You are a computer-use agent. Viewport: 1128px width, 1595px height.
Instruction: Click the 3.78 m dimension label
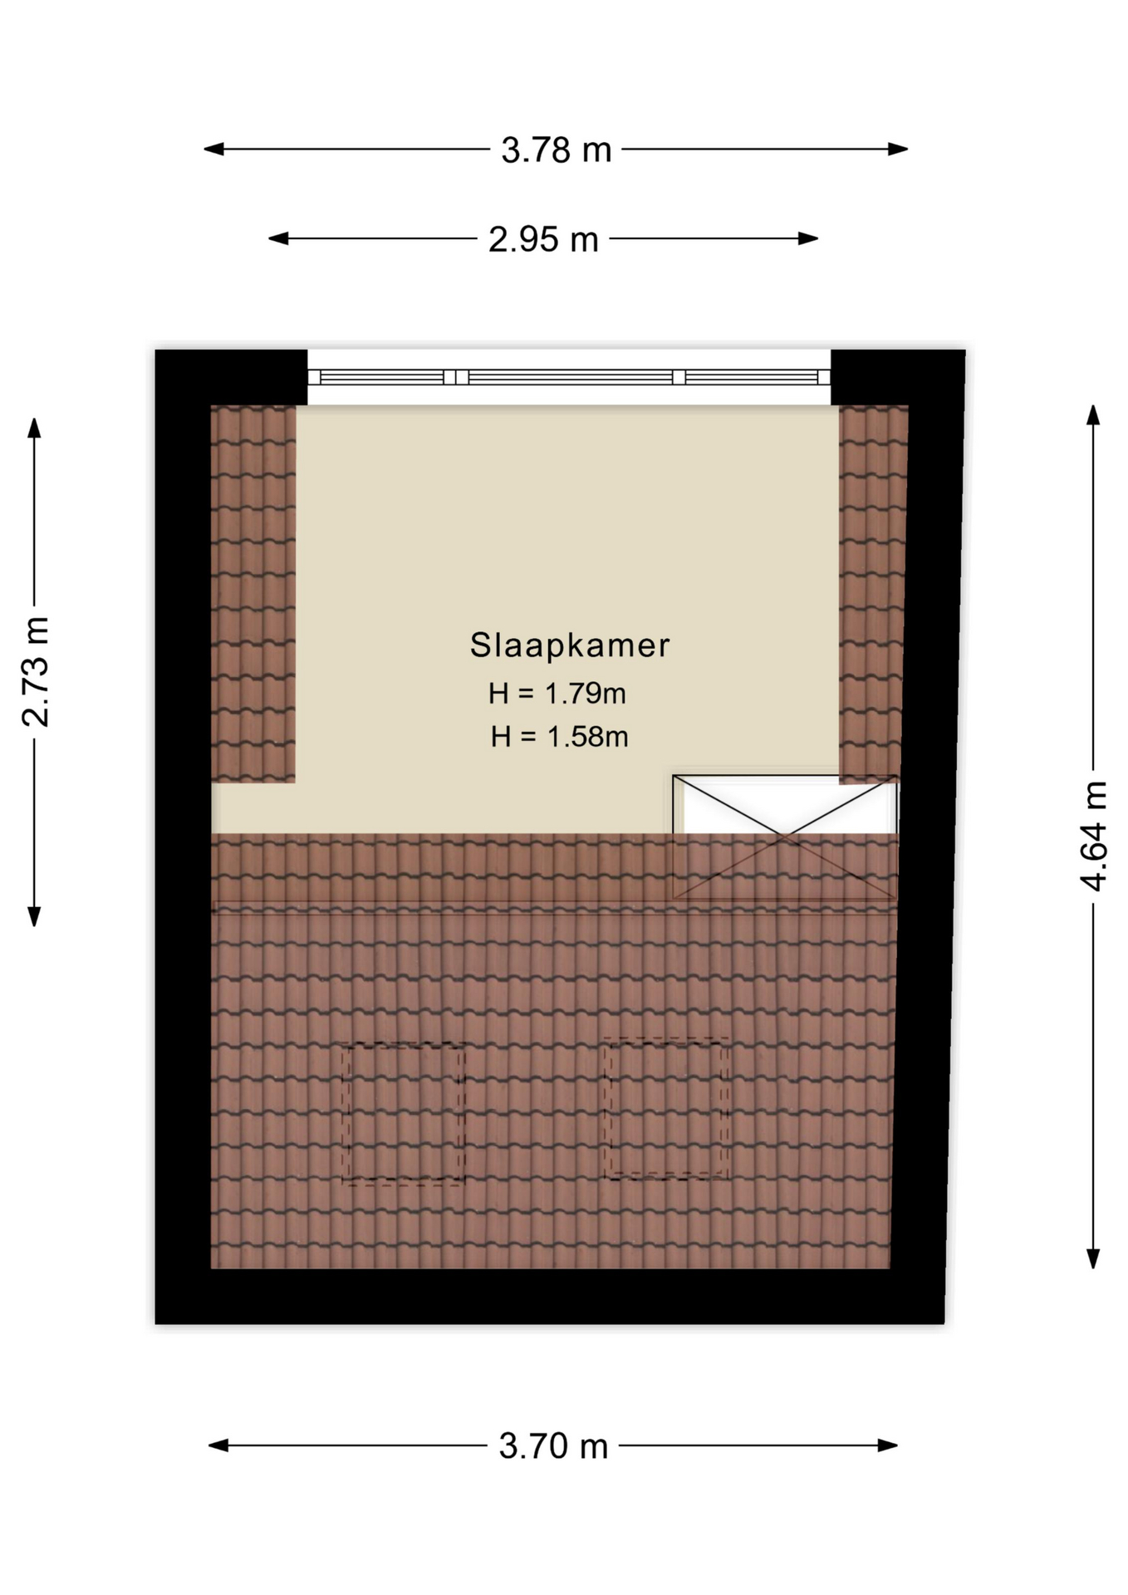tap(556, 150)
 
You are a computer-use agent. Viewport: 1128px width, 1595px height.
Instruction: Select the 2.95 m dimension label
tap(543, 239)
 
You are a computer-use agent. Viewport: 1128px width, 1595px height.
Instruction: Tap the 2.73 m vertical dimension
tap(35, 671)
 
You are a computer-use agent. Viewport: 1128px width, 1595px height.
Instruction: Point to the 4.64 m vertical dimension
tap(1094, 836)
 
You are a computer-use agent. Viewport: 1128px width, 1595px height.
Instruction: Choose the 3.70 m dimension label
tap(553, 1446)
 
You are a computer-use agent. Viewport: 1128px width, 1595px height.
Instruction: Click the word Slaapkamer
tap(570, 645)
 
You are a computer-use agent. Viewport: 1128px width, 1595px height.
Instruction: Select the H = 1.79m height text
tap(557, 694)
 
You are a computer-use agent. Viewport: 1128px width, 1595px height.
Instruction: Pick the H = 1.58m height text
tap(559, 737)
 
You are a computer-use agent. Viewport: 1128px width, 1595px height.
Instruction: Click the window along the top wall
tap(569, 377)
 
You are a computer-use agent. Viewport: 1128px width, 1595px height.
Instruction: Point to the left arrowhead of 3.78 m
tap(213, 150)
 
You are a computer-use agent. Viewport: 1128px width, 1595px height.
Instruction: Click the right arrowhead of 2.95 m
tap(808, 238)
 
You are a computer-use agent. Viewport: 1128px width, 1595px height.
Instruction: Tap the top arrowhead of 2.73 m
tap(34, 427)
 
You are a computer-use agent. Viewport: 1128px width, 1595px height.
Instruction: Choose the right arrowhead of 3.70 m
tap(888, 1445)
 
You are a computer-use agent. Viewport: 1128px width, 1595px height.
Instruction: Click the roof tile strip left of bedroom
tap(253, 594)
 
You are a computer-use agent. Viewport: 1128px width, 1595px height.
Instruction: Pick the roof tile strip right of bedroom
tap(872, 594)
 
